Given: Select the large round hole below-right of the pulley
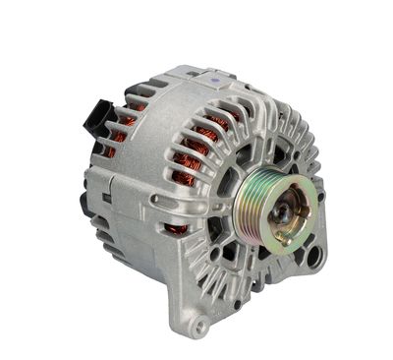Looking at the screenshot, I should point(312,258).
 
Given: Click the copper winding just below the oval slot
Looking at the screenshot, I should point(176,228).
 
